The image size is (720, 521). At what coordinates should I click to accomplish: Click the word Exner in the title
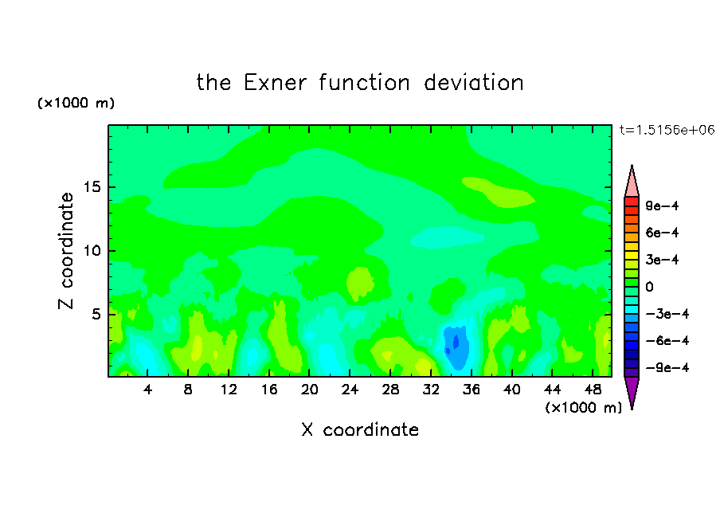[x=275, y=83]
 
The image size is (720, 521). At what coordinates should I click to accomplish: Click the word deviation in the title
[x=474, y=83]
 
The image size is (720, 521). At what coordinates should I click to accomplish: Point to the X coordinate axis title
[x=360, y=429]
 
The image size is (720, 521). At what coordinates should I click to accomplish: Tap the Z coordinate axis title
[x=65, y=250]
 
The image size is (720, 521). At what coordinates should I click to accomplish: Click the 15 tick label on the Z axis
[x=92, y=187]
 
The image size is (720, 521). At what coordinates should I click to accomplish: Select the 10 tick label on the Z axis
[x=92, y=251]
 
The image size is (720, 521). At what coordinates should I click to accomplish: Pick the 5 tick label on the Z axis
[x=96, y=314]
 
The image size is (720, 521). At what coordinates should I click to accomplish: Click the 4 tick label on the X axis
[x=147, y=390]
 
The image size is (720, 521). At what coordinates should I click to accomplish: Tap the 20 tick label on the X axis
[x=309, y=390]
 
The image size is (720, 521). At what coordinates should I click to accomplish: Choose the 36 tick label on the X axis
[x=472, y=390]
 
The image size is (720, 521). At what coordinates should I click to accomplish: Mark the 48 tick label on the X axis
[x=593, y=390]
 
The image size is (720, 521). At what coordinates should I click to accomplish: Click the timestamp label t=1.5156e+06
[x=667, y=130]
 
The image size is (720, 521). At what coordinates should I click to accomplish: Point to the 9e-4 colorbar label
[x=662, y=206]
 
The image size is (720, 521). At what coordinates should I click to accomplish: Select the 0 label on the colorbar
[x=649, y=287]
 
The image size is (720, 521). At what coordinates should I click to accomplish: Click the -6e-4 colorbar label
[x=667, y=341]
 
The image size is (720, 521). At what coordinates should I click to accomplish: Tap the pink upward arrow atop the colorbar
[x=632, y=182]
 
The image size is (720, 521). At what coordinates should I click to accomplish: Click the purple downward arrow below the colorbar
[x=632, y=391]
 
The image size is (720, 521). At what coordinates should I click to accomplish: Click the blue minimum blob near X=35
[x=456, y=347]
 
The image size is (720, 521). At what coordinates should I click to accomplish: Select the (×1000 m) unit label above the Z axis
[x=76, y=103]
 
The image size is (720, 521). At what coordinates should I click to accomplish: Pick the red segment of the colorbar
[x=632, y=202]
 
